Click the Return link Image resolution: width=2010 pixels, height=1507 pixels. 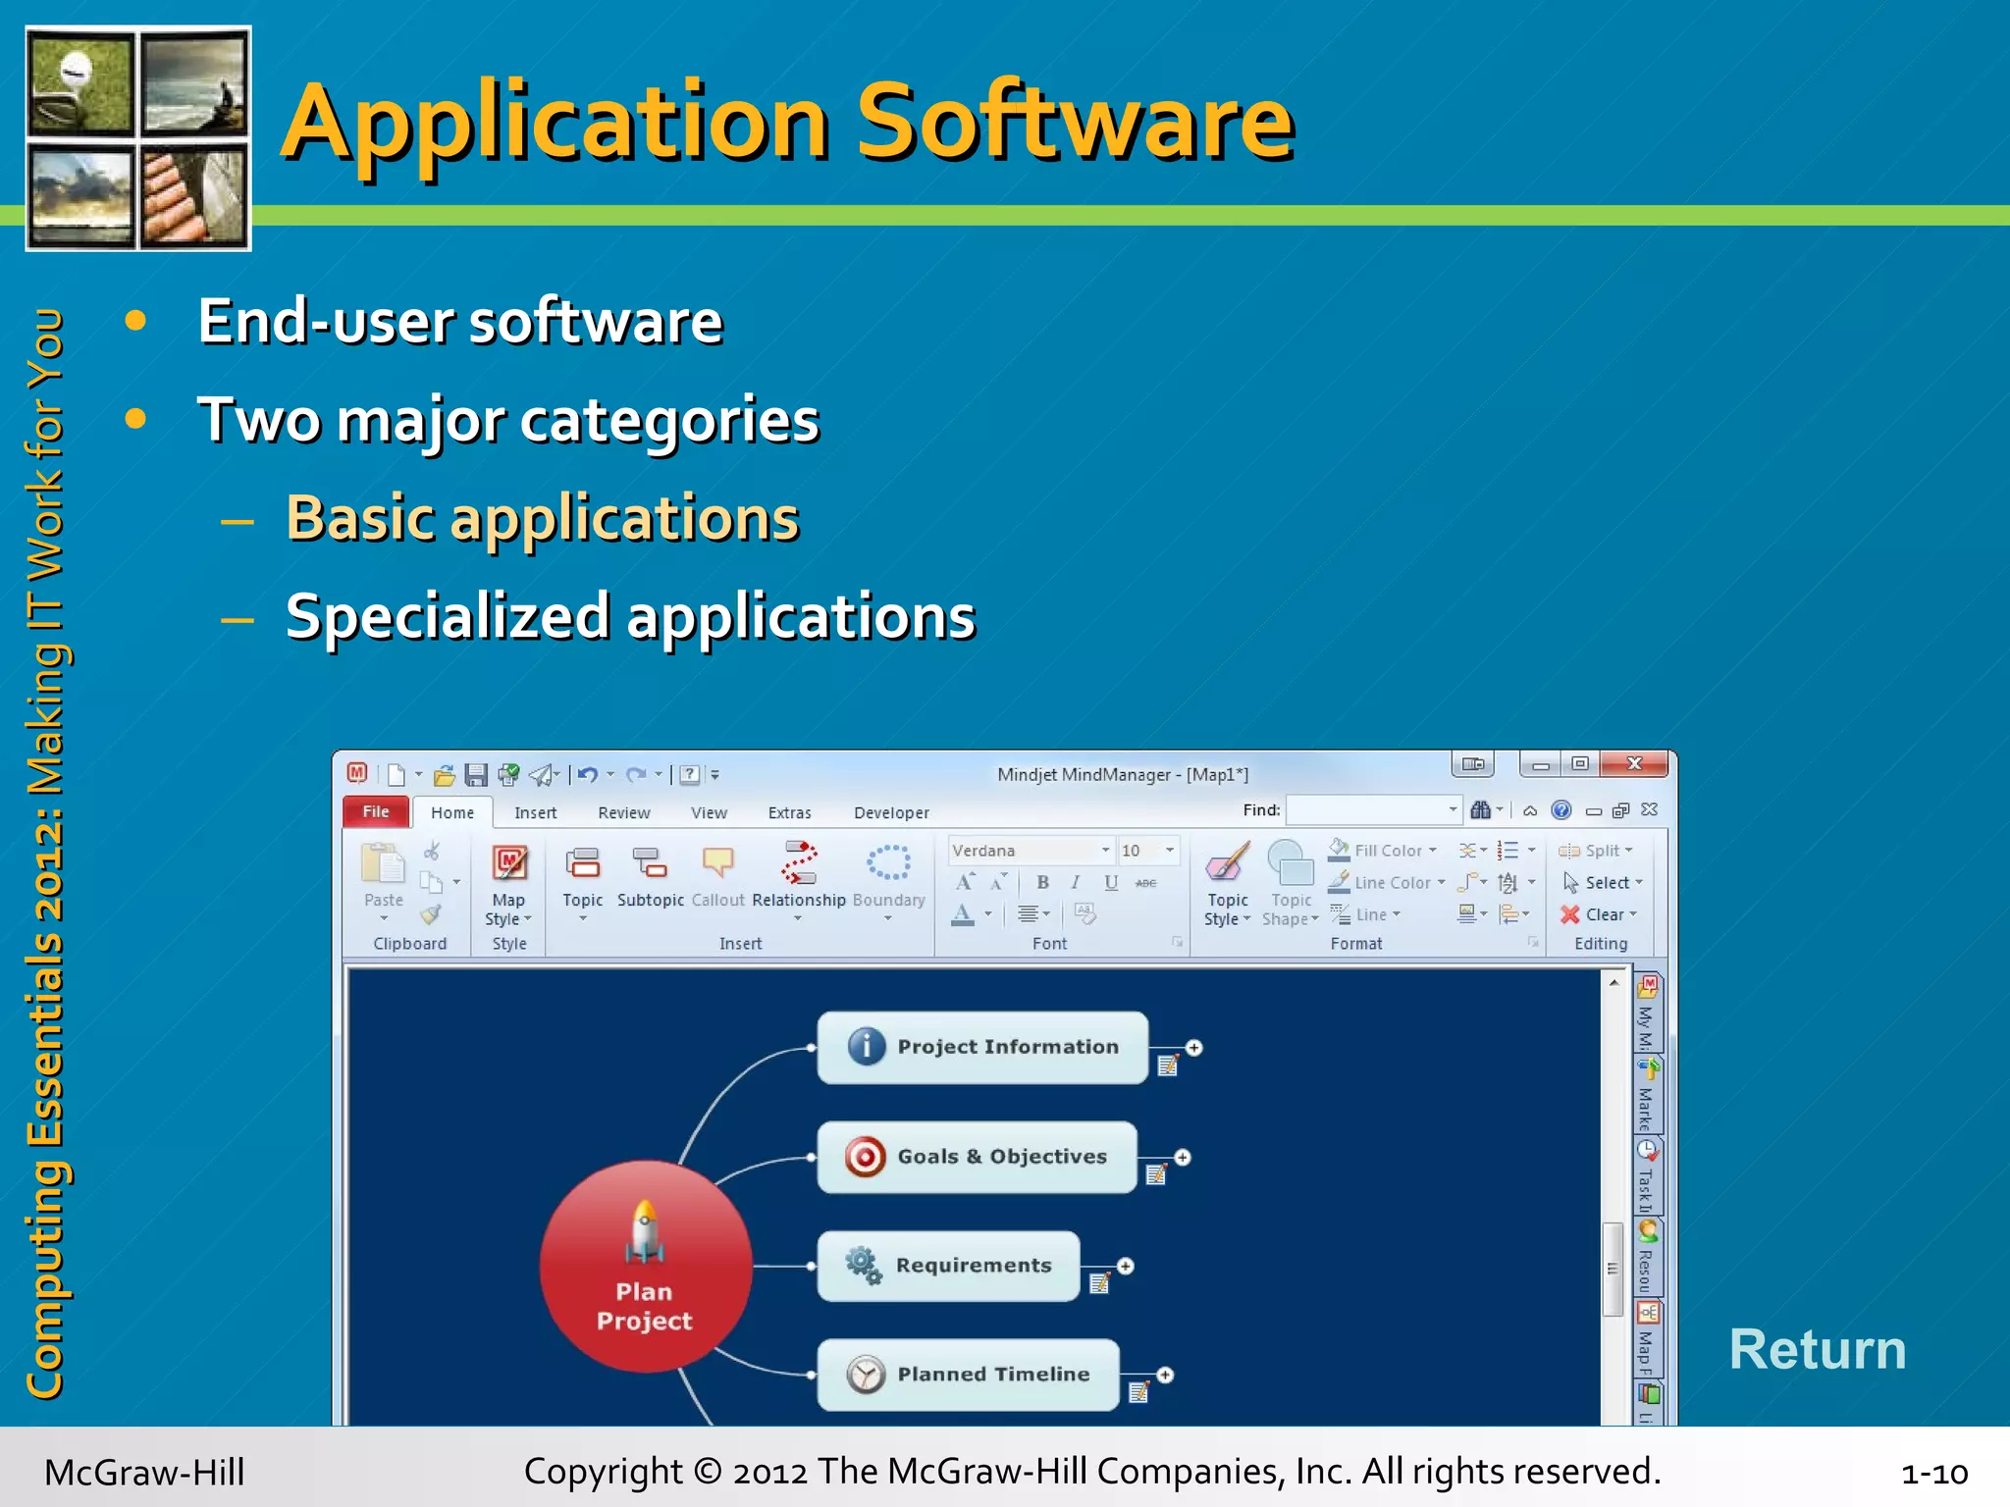[x=1817, y=1349]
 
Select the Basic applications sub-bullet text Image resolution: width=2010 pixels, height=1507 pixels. [x=543, y=518]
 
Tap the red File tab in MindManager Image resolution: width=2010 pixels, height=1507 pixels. [x=375, y=811]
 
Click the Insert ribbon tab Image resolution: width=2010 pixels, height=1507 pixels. [x=535, y=812]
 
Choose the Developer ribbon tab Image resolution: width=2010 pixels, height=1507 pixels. [x=890, y=812]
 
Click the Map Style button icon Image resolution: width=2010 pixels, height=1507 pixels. [x=509, y=864]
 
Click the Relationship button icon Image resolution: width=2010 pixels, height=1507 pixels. [x=798, y=863]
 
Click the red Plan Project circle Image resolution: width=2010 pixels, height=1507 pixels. [x=645, y=1267]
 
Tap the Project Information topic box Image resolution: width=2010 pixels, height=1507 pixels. [x=982, y=1047]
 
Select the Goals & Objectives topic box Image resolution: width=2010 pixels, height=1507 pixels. [x=977, y=1157]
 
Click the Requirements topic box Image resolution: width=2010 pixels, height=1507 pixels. [x=948, y=1266]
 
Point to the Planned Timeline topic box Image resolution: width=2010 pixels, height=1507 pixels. [x=968, y=1375]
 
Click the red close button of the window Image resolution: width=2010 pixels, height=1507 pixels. [x=1634, y=763]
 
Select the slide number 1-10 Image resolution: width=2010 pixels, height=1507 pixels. [x=1933, y=1473]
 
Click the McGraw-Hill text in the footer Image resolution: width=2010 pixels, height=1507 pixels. [x=144, y=1473]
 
